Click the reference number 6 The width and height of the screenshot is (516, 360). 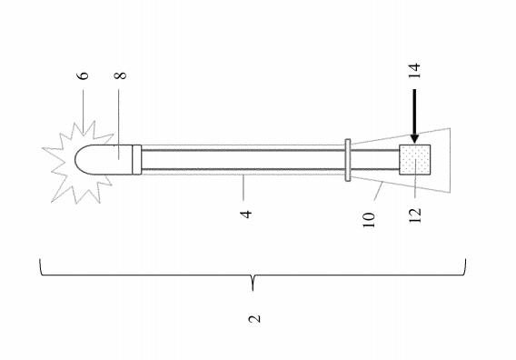click(84, 75)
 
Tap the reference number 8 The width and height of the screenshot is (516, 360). click(121, 75)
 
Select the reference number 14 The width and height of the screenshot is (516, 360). click(414, 71)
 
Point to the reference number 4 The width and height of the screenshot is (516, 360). click(246, 214)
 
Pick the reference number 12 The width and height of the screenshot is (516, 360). click(415, 215)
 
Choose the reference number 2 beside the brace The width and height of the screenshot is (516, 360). click(254, 319)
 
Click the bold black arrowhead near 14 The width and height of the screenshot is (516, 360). click(414, 138)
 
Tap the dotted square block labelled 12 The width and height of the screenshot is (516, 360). click(414, 160)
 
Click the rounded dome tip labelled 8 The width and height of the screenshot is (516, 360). click(103, 159)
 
